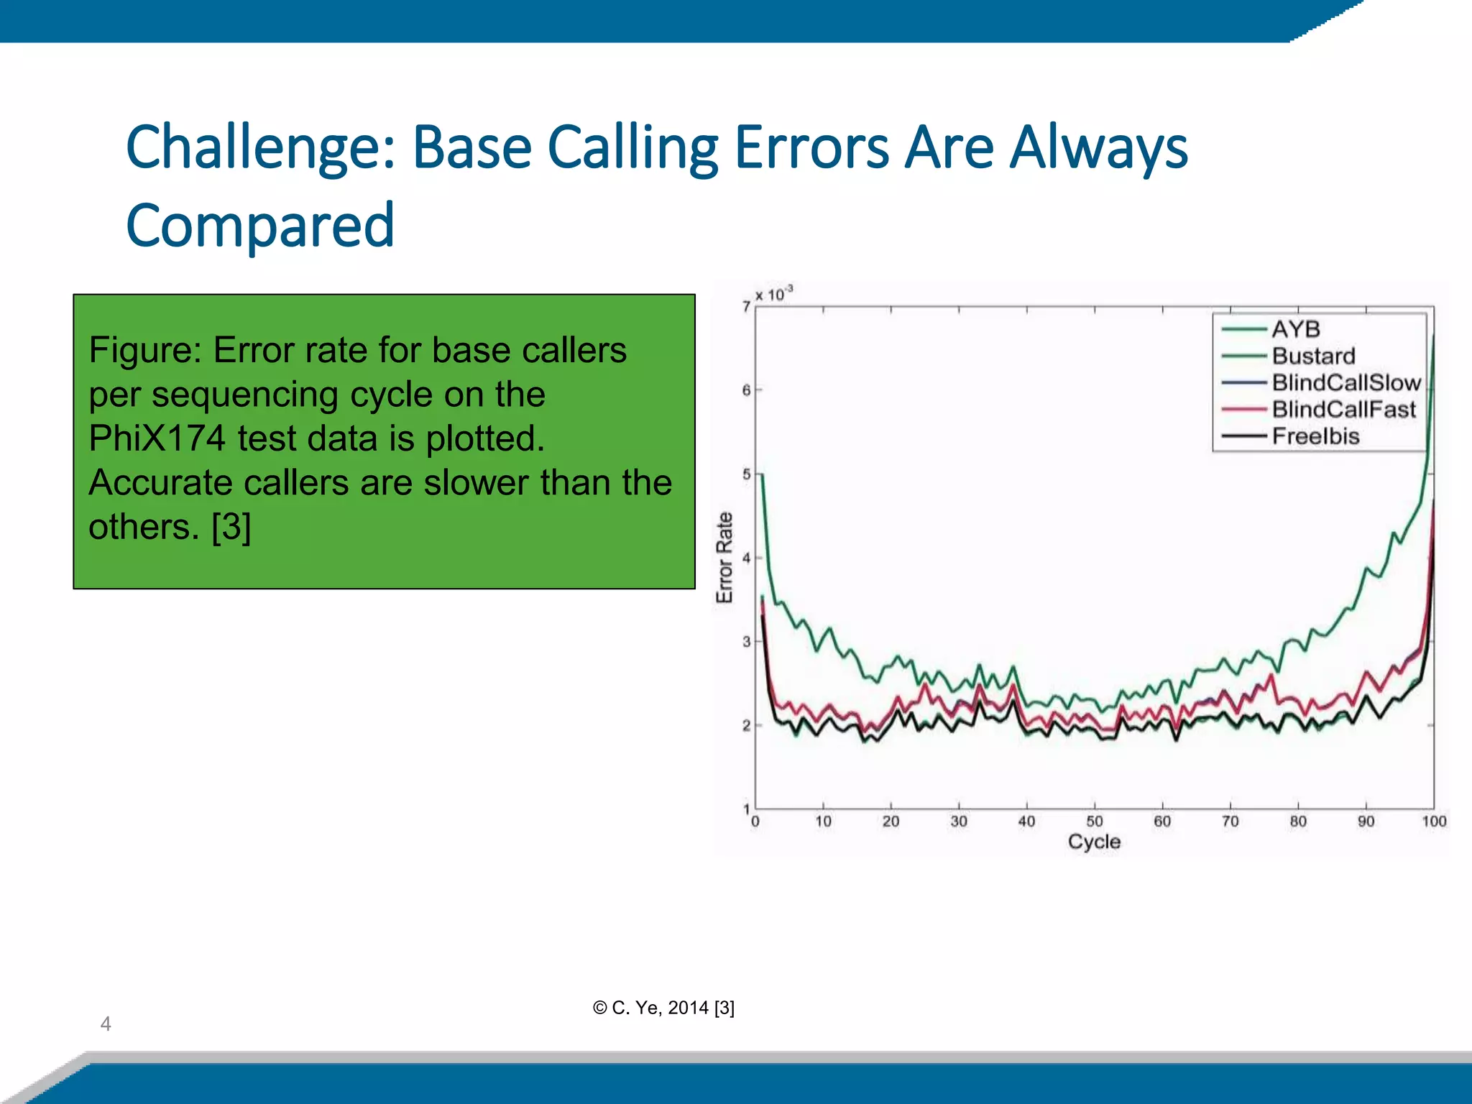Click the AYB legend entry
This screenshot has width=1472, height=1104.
click(x=1295, y=329)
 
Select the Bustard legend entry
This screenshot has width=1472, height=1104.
click(x=1313, y=356)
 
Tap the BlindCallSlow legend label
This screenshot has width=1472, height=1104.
click(x=1346, y=382)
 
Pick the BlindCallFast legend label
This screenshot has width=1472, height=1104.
click(x=1343, y=409)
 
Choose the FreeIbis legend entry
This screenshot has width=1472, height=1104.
click(x=1315, y=436)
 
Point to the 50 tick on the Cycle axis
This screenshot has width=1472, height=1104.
click(x=1094, y=822)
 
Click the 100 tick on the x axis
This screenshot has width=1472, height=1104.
click(x=1433, y=822)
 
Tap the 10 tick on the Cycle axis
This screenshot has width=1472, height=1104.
click(x=823, y=822)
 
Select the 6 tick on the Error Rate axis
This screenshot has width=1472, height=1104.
click(x=746, y=390)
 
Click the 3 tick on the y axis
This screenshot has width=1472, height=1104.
click(x=746, y=642)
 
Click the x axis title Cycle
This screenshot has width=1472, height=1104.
click(x=1094, y=842)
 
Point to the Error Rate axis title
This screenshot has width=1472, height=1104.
click(x=724, y=558)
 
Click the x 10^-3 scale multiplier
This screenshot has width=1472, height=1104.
click(x=774, y=294)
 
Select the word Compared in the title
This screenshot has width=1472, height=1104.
click(x=260, y=226)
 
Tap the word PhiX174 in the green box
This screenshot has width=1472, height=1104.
click(x=157, y=438)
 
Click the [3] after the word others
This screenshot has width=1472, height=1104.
click(x=231, y=527)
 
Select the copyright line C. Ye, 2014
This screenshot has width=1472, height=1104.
click(x=663, y=1008)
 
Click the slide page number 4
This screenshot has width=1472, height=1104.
click(x=106, y=1023)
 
